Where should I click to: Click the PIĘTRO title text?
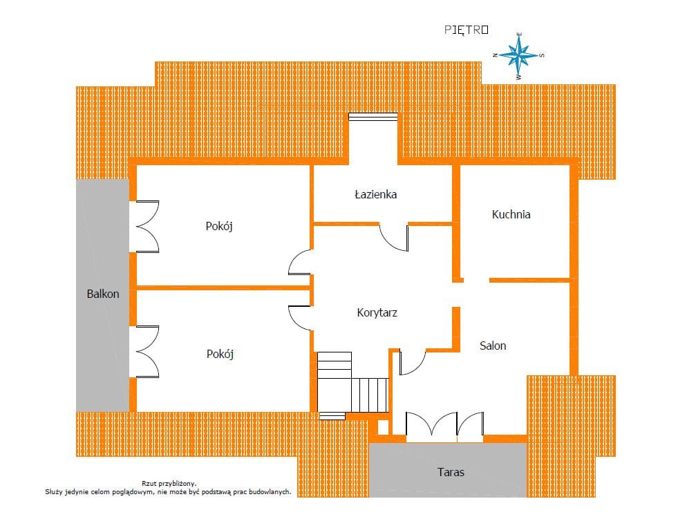pyautogui.click(x=466, y=30)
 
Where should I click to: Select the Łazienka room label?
pyautogui.click(x=376, y=194)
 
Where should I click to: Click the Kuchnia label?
pyautogui.click(x=511, y=214)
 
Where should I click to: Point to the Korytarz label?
pyautogui.click(x=377, y=313)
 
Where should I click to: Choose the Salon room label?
pyautogui.click(x=493, y=346)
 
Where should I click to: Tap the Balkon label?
pyautogui.click(x=103, y=294)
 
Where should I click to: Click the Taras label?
pyautogui.click(x=451, y=472)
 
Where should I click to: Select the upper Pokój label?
pyautogui.click(x=219, y=226)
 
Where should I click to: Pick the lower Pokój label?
pyautogui.click(x=220, y=354)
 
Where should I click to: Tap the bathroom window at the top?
pyautogui.click(x=373, y=117)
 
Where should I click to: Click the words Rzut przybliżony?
pyautogui.click(x=169, y=483)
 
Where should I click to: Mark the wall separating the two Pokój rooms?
pyautogui.click(x=223, y=288)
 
